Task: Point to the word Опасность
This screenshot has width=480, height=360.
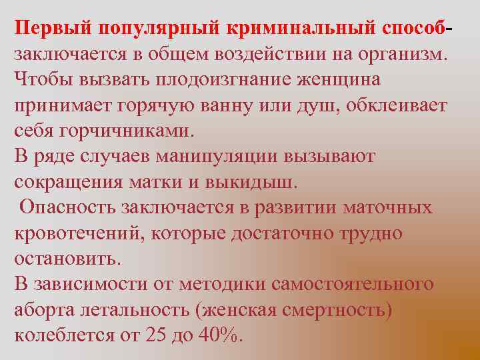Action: pyautogui.click(x=67, y=207)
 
